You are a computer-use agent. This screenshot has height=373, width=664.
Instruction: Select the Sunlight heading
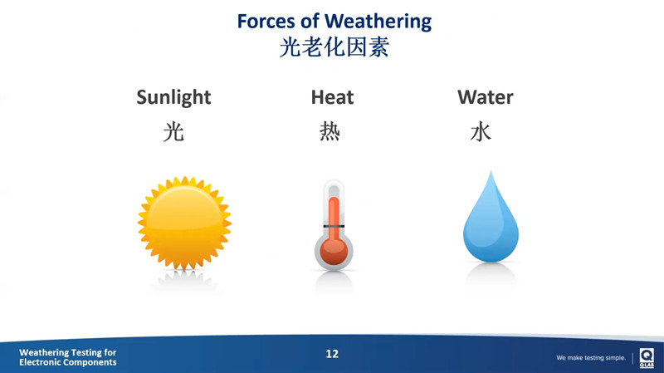[x=173, y=97]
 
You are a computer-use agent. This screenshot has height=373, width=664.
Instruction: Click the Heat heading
[x=332, y=97]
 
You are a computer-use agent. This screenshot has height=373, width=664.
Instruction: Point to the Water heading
[x=485, y=97]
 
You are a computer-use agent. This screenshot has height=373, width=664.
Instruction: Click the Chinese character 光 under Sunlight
[x=173, y=131]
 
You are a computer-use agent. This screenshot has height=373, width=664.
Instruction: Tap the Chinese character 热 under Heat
[x=330, y=131]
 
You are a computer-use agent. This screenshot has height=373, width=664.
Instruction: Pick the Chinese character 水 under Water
[x=481, y=131]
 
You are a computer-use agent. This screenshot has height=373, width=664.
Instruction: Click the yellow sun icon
[x=184, y=223]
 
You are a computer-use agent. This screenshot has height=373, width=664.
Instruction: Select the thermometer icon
[x=334, y=224]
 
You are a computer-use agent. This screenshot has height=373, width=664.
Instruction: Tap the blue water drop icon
[x=491, y=220]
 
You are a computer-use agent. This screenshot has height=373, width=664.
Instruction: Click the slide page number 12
[x=332, y=354]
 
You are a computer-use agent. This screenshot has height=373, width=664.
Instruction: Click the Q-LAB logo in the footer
[x=647, y=356]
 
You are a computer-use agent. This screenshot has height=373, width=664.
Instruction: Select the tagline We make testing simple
[x=591, y=358]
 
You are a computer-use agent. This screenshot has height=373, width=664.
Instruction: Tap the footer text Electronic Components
[x=68, y=363]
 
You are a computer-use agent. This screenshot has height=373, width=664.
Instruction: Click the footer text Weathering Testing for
[x=68, y=353]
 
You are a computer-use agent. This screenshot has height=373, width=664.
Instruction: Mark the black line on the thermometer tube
[x=334, y=226]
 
